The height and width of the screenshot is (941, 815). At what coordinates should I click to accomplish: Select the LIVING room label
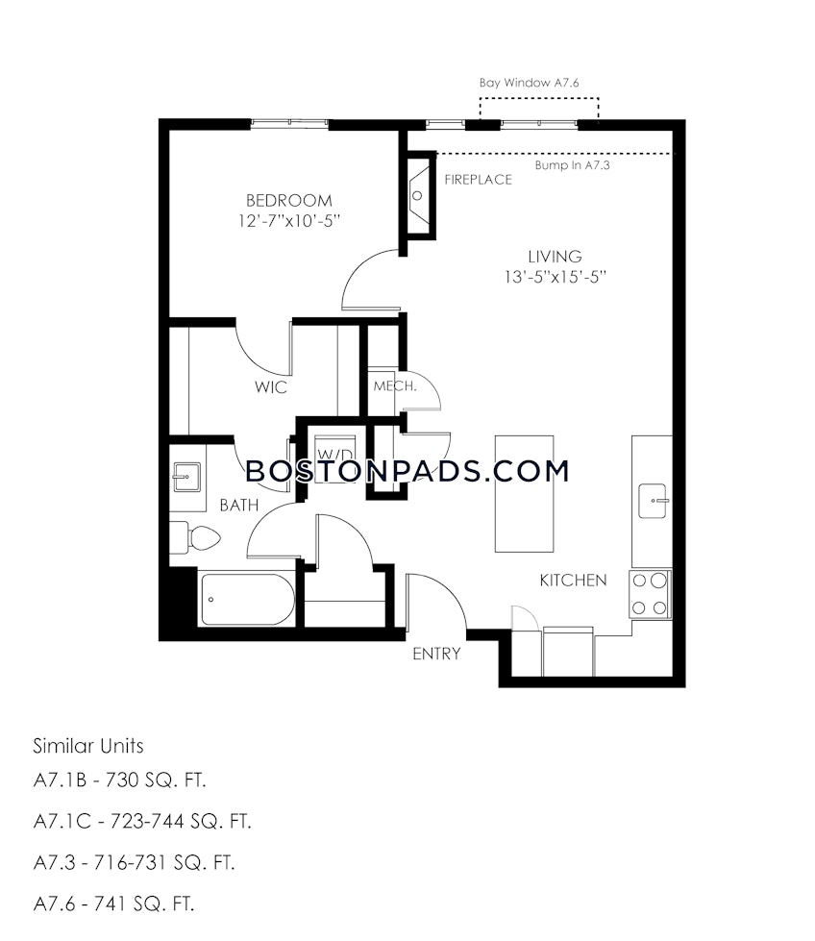point(555,257)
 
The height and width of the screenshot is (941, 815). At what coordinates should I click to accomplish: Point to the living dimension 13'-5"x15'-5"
point(555,277)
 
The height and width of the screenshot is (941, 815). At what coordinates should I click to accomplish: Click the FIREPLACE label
point(478,180)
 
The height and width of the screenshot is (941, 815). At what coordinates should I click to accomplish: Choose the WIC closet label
point(270,386)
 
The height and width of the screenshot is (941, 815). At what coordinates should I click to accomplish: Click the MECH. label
point(394,386)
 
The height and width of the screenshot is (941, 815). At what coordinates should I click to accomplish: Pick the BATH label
point(237,505)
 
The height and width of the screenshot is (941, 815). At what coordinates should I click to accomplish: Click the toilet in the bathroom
point(189,538)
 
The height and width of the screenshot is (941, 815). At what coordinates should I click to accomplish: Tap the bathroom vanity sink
point(186,475)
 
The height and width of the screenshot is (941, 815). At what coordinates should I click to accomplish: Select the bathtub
point(247,600)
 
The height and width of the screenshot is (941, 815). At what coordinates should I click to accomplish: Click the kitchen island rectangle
point(524,493)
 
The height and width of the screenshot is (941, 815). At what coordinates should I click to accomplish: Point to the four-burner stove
point(650,593)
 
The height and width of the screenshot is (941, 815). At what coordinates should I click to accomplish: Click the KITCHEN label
point(572,581)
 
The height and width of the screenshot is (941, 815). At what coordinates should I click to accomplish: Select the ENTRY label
point(436,655)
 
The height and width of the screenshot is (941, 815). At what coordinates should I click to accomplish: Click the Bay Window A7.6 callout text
point(529,84)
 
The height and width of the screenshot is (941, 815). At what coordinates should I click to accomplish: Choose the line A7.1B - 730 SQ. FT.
point(120,780)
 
